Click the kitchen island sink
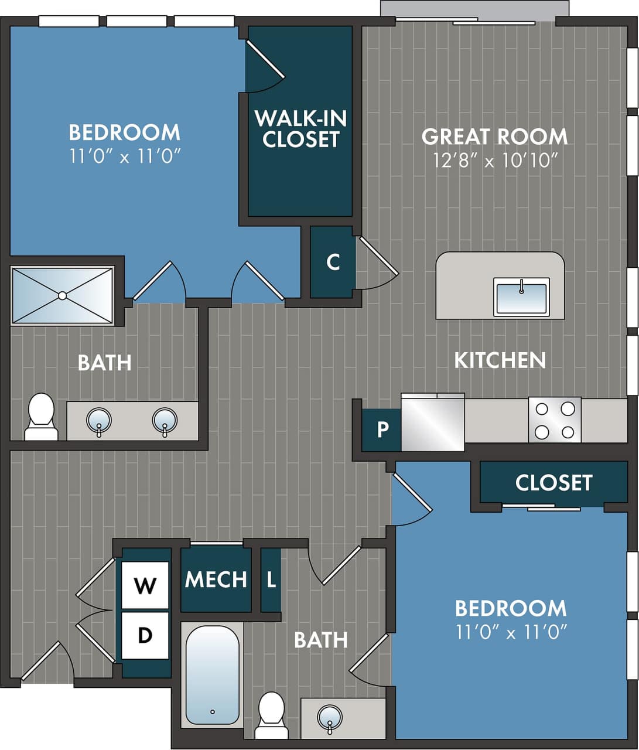[521, 296]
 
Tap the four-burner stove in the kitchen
[555, 420]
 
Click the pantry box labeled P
[382, 429]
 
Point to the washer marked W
[145, 585]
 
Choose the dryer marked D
[145, 635]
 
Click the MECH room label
[216, 580]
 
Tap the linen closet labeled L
[271, 580]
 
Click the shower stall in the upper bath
[62, 295]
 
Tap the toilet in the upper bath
[41, 417]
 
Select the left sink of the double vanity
[98, 421]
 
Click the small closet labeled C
[333, 262]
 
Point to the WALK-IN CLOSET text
[300, 129]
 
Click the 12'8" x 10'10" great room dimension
[495, 160]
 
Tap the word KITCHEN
[500, 360]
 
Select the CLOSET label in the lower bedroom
[553, 483]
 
